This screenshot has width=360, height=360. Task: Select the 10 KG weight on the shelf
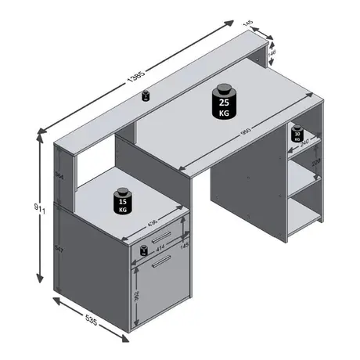tap(297, 135)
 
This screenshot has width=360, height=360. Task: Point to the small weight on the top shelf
tap(146, 97)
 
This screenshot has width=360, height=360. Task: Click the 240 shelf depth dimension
tap(306, 142)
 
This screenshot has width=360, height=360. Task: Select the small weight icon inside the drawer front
tap(144, 250)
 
